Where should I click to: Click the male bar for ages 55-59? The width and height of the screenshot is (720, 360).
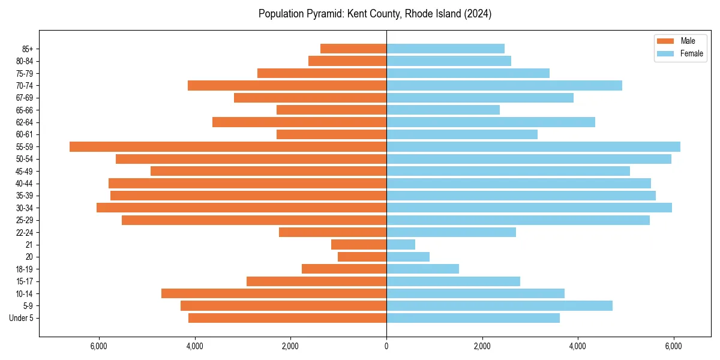click(228, 147)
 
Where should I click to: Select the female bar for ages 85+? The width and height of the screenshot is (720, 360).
click(445, 49)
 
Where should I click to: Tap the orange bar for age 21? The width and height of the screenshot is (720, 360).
click(359, 245)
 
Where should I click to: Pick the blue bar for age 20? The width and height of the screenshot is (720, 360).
click(408, 257)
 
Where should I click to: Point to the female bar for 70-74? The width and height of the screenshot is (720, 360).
click(504, 86)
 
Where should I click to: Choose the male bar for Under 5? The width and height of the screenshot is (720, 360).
click(287, 318)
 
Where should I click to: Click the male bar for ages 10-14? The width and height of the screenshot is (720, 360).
click(274, 293)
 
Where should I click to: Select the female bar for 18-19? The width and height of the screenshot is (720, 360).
click(422, 269)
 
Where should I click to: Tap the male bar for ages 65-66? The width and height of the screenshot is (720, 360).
click(331, 110)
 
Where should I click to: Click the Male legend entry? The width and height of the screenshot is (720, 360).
click(687, 41)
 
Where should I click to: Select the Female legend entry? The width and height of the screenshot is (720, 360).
click(691, 53)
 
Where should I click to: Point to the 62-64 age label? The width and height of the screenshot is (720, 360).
click(25, 122)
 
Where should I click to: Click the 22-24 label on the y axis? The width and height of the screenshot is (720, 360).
click(25, 233)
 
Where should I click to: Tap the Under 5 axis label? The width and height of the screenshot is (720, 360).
click(22, 318)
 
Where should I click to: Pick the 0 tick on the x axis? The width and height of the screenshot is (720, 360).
click(386, 346)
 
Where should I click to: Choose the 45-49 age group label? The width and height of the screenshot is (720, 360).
click(25, 172)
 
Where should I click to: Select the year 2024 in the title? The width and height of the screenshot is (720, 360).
click(478, 14)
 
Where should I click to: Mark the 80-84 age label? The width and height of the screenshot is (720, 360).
click(25, 61)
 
